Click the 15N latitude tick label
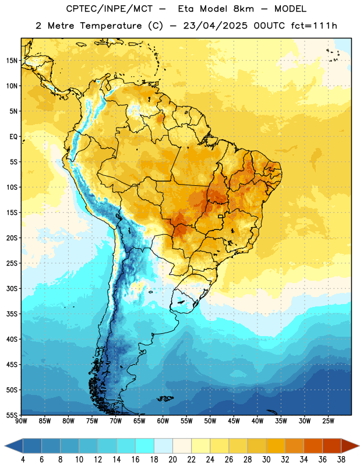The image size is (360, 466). [12, 61]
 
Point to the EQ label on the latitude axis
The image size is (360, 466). [13, 137]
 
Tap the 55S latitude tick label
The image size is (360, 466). [12, 415]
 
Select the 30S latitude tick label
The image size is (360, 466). [12, 288]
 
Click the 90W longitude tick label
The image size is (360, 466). [21, 421]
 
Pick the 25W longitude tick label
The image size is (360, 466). [328, 421]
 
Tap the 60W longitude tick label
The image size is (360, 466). [163, 421]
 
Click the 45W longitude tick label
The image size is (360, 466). [234, 421]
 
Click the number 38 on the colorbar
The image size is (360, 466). [341, 460]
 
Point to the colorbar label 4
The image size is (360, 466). [23, 460]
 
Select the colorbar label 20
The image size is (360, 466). [172, 460]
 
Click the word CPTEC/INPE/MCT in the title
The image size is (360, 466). [109, 9]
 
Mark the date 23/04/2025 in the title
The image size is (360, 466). [216, 26]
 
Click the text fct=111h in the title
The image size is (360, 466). [314, 26]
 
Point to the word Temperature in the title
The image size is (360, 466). [111, 26]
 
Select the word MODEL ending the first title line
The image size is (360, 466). [291, 9]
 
